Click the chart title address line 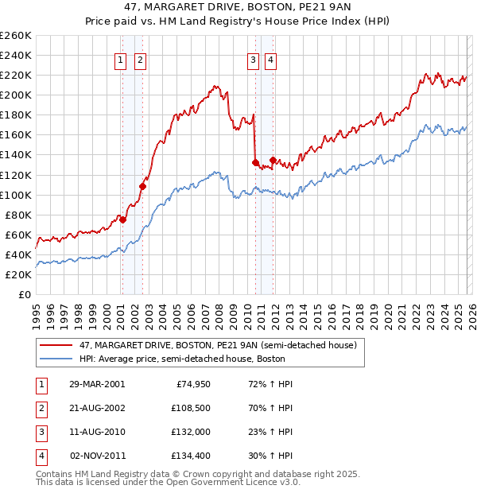point(238,7)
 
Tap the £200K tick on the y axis point(16,95)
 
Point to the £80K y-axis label point(18,215)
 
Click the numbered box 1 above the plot point(121,59)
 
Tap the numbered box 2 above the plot point(140,59)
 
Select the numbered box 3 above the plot point(253,59)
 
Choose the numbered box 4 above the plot point(271,59)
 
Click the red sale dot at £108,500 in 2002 point(142,186)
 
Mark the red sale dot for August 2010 point(255,162)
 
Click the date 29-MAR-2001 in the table point(97,384)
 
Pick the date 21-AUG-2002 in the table point(97,408)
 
